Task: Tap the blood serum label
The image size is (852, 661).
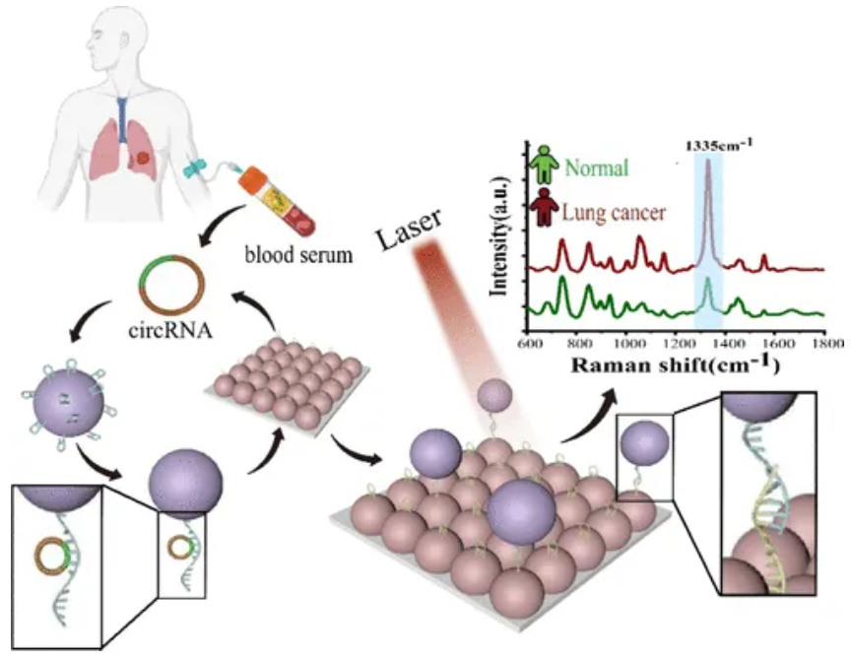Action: coord(298,254)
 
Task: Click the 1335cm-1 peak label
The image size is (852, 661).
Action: coord(719,145)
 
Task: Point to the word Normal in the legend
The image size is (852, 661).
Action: coord(597,167)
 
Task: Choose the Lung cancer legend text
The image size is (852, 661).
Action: coord(614,212)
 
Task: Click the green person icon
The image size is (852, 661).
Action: coord(544,164)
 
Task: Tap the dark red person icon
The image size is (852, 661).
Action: coord(544,207)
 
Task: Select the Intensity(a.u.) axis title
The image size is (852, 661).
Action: coord(498,235)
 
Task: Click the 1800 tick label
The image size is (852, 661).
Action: coord(826,344)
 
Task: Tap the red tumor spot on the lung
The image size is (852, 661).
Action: coord(143,159)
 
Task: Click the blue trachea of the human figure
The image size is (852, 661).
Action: coord(122,117)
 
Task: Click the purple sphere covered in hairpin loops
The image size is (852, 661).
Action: coord(69,403)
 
